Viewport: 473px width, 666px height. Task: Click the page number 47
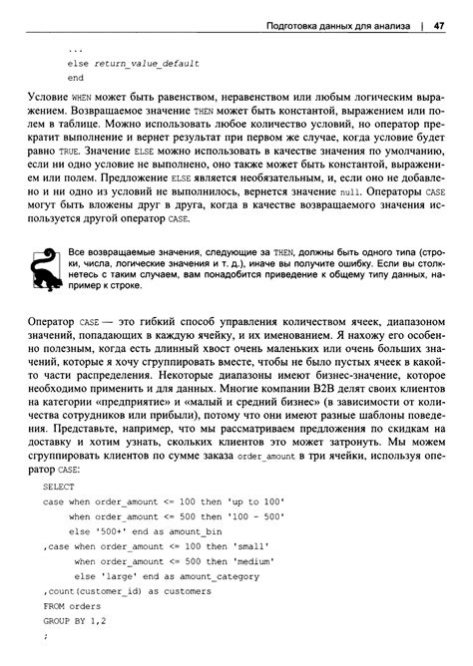pos(439,27)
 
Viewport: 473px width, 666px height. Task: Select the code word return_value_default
pos(149,63)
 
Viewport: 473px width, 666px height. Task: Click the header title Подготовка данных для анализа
pos(328,27)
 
